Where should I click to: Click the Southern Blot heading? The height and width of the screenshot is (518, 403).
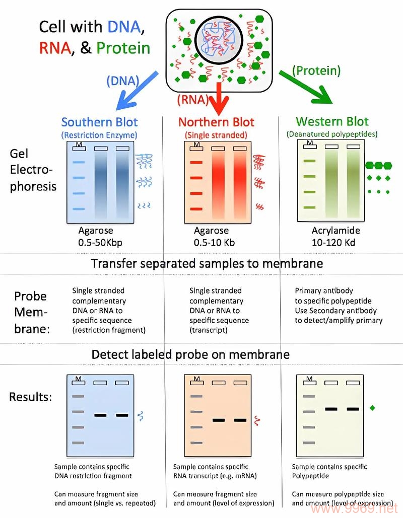click(x=99, y=122)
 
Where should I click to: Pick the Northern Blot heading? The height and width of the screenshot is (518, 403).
click(x=217, y=122)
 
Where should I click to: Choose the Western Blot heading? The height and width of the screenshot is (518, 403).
click(x=332, y=121)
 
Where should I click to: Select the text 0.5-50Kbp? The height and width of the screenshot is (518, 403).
click(x=100, y=242)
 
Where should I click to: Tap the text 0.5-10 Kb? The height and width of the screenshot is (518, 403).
click(x=214, y=242)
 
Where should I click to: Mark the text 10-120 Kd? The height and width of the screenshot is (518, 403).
click(x=333, y=242)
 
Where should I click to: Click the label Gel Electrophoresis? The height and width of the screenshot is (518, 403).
click(x=33, y=170)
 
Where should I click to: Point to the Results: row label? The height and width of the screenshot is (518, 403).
click(x=30, y=397)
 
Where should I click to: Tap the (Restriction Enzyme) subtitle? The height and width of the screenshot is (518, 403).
click(x=99, y=135)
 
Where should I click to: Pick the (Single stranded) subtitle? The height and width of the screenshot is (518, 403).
click(x=217, y=135)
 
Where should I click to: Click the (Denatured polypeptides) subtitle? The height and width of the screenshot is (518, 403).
click(x=332, y=134)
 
